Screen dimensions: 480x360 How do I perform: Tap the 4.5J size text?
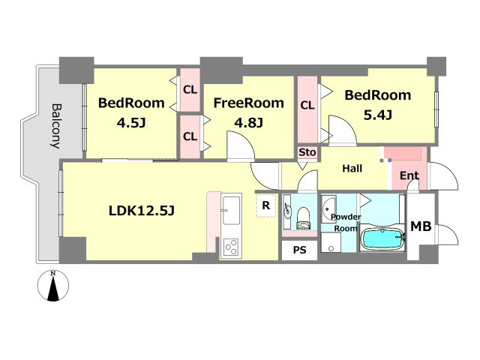pos(131,123)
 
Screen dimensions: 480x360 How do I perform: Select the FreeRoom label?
pos(248,103)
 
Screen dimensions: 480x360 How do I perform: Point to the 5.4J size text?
pos(378,115)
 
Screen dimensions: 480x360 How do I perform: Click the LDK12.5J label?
pos(142,211)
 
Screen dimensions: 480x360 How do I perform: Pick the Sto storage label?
pos(307,152)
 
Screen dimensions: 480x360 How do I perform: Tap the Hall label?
pos(352,168)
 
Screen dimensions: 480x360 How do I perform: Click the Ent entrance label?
pos(409,175)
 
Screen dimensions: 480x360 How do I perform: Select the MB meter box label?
pos(421,226)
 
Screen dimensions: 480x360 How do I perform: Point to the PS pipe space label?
pos(300,250)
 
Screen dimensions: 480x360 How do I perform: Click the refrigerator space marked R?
pos(266,205)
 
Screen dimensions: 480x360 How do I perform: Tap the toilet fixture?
pos(303,218)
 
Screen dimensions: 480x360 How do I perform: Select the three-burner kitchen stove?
pos(230,247)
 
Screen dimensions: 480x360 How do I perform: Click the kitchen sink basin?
pos(231,211)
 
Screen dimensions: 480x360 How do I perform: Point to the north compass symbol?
pos(53,285)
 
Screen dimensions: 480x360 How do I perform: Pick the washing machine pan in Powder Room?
pos(331,241)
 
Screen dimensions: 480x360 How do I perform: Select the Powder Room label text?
pos(346,223)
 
